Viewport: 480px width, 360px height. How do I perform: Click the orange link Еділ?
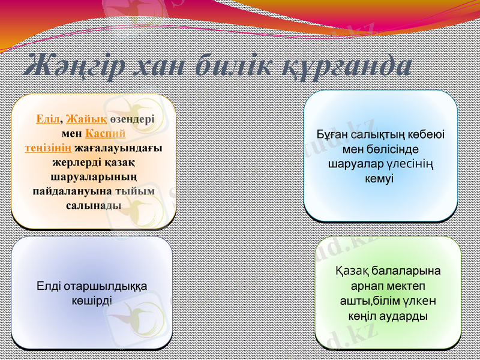click(x=47, y=119)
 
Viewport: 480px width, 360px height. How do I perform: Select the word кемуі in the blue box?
click(x=380, y=179)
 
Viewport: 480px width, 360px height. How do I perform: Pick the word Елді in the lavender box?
click(x=49, y=286)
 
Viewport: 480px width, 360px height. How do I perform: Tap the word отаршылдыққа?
click(x=105, y=286)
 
